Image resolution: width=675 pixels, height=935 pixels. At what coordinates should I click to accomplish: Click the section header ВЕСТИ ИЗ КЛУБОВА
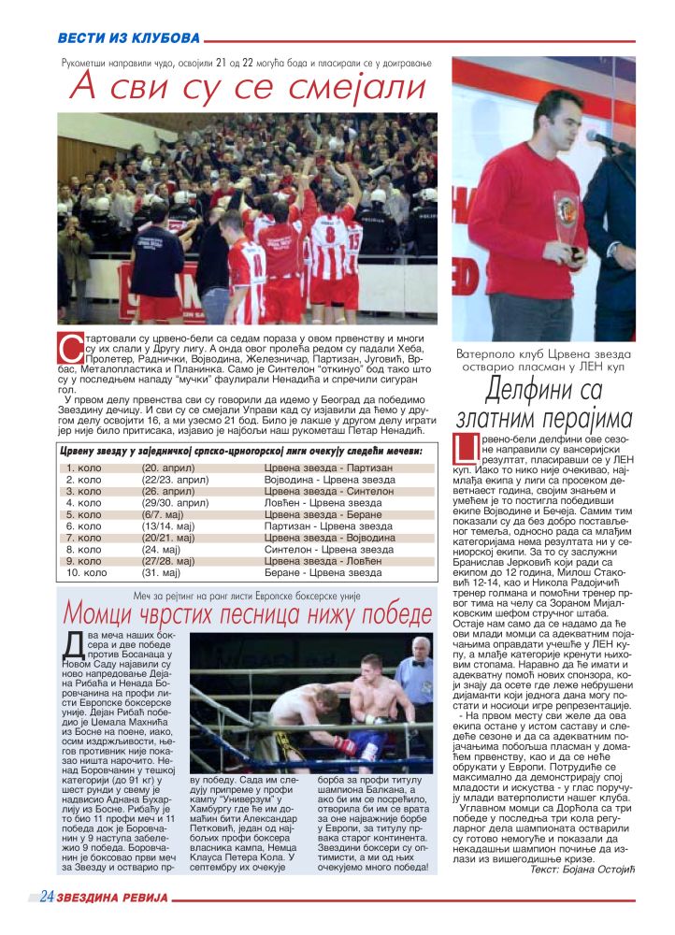pyautogui.click(x=128, y=38)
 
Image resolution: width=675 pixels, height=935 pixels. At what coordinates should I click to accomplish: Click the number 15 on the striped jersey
pyautogui.click(x=354, y=232)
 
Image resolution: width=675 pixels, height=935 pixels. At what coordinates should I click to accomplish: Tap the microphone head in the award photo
pyautogui.click(x=598, y=139)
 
